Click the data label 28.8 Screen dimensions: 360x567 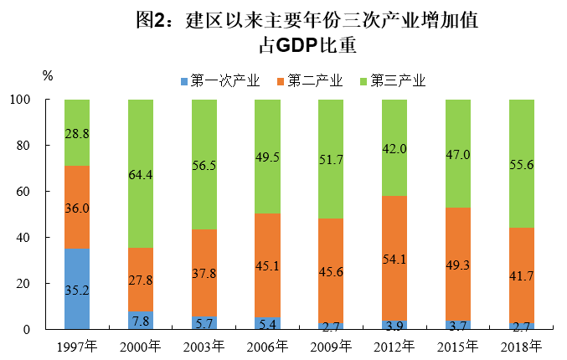pyautogui.click(x=77, y=133)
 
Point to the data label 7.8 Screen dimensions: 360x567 pyautogui.click(x=141, y=321)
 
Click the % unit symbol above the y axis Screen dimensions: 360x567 pyautogui.click(x=48, y=75)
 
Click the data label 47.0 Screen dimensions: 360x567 pyautogui.click(x=458, y=155)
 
